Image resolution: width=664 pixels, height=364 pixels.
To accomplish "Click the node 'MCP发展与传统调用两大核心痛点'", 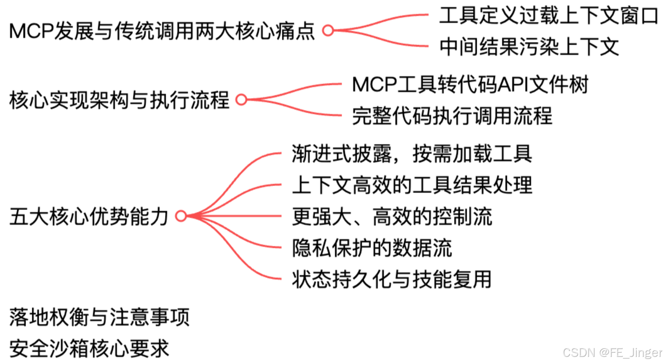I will (162, 31).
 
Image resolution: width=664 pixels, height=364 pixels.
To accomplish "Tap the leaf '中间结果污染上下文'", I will (529, 47).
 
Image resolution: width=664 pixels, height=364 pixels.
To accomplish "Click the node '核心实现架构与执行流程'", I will (119, 100).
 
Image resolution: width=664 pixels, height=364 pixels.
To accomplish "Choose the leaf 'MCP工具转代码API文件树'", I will (470, 85).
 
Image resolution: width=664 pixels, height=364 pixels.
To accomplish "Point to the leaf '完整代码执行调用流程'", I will (452, 116).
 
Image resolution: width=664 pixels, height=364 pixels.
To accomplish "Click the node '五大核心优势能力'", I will (89, 216).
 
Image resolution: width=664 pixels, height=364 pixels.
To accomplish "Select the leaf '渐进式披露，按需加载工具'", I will (412, 154).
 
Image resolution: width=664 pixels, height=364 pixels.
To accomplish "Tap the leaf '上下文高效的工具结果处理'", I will (412, 185).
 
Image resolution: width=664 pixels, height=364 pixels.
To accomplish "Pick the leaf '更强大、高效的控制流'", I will (392, 216).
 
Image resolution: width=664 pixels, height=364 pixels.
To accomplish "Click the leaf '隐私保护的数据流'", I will (372, 247).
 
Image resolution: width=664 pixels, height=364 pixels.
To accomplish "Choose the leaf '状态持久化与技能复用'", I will (392, 279).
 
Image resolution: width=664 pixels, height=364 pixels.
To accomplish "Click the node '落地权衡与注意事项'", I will (99, 317).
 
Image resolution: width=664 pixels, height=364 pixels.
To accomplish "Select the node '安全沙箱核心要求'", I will (89, 348).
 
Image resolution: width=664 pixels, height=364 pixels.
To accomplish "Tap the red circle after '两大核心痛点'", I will (328, 31).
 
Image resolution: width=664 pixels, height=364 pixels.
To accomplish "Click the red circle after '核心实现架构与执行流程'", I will (241, 100).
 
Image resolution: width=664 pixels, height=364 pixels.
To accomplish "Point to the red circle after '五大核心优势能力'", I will (181, 216).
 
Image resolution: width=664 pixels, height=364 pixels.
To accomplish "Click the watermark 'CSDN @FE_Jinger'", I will (612, 353).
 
